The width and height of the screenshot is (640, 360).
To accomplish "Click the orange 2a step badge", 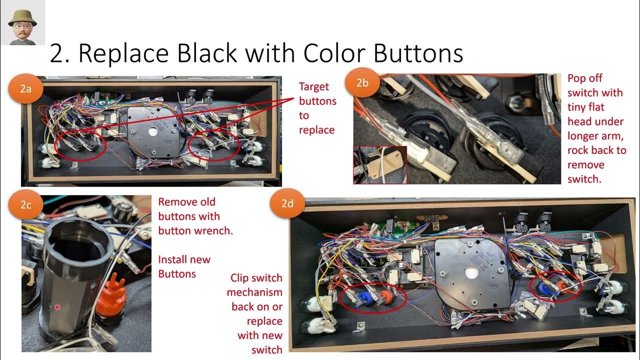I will point(25,89).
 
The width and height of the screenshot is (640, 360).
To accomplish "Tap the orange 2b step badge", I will point(362,83).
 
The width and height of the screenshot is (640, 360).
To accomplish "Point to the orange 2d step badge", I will point(287,204).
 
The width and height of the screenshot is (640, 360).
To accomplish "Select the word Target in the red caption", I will point(314,87).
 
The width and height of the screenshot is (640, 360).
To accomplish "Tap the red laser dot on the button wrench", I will point(58,306).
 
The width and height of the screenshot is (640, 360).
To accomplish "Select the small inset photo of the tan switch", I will point(380,164).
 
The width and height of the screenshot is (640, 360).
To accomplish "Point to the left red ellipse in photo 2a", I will point(81,145).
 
